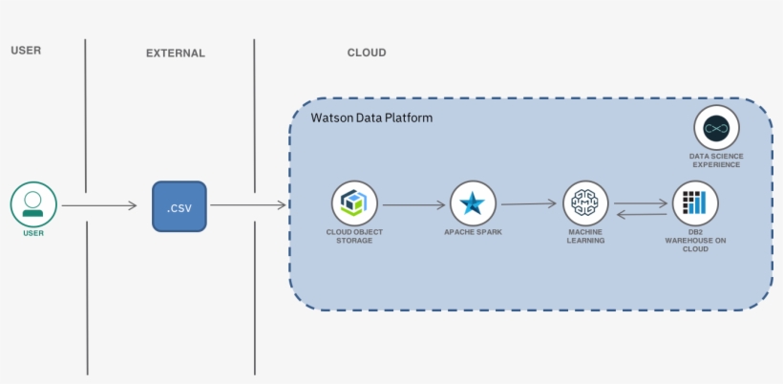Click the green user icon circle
33,203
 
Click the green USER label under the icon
33,233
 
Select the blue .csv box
180,205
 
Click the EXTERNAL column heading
176,53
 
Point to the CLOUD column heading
367,53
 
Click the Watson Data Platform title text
371,117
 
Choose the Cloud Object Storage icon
354,203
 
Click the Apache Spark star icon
473,203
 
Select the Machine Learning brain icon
585,203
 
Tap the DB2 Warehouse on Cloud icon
695,203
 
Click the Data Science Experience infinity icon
716,128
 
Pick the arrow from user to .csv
99,205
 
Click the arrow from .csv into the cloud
248,204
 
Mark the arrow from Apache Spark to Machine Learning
528,203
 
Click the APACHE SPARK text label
473,232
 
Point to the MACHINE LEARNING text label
585,236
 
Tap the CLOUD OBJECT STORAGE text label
354,236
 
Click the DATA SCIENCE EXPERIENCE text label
716,160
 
